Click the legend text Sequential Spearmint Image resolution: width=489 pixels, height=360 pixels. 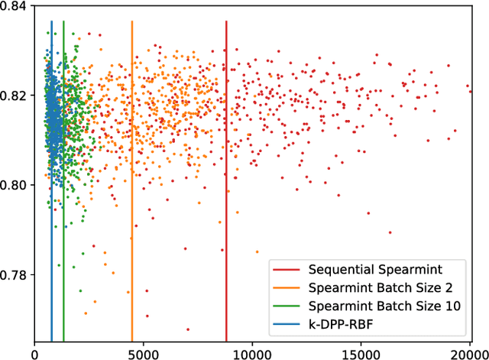tap(368, 271)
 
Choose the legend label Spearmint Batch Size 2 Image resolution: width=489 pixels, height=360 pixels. tap(374, 287)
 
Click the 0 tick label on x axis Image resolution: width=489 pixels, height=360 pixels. tap(34, 353)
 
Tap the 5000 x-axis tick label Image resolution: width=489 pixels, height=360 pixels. tap(144, 353)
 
